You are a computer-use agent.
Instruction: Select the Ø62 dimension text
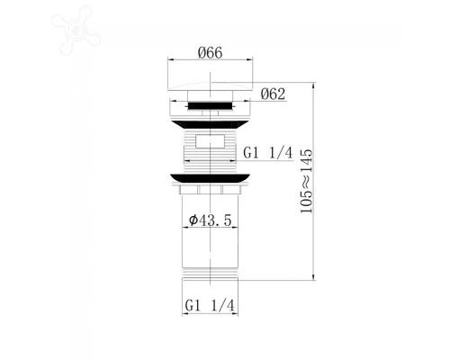(274, 93)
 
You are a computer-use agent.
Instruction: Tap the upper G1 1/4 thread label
(268, 154)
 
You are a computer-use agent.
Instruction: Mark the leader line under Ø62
(261, 101)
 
